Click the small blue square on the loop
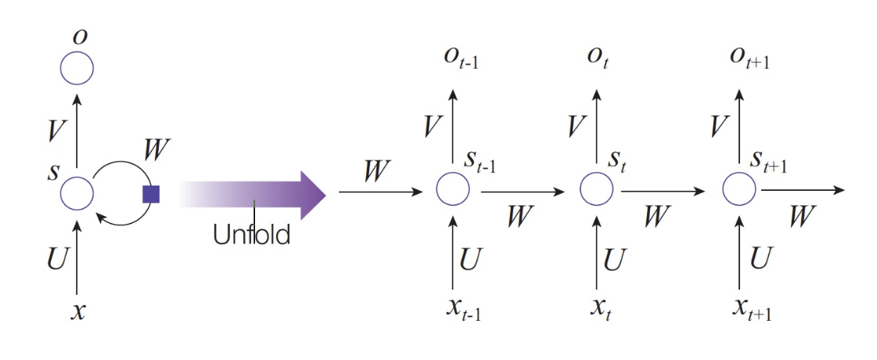coord(151,194)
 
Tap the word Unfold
coord(251,234)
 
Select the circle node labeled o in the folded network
coord(77,69)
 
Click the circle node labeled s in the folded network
coord(77,192)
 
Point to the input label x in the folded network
coord(77,311)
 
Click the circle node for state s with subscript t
coord(596,189)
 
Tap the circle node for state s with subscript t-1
coord(453,189)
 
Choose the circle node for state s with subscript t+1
coord(739,189)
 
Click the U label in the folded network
coord(57,258)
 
